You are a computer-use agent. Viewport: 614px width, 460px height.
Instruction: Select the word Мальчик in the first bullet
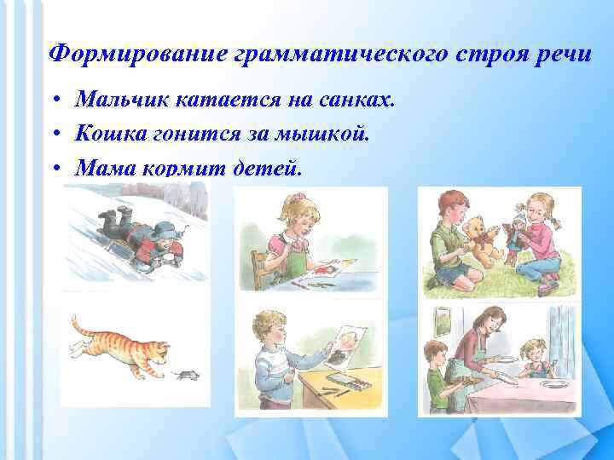pyautogui.click(x=123, y=101)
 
